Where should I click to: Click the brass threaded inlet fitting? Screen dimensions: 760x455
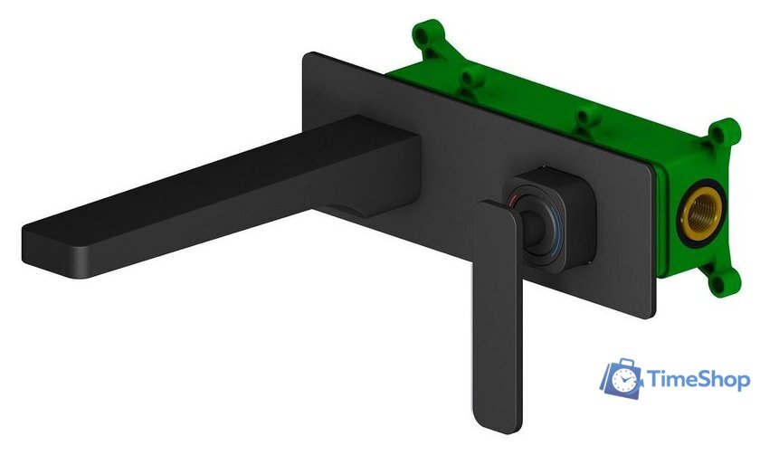click(701, 213)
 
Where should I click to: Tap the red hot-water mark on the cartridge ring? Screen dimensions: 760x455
click(515, 199)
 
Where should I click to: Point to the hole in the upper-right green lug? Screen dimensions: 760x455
click(724, 132)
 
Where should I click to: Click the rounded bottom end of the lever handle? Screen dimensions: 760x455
click(499, 422)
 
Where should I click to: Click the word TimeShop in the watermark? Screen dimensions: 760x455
click(698, 379)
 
